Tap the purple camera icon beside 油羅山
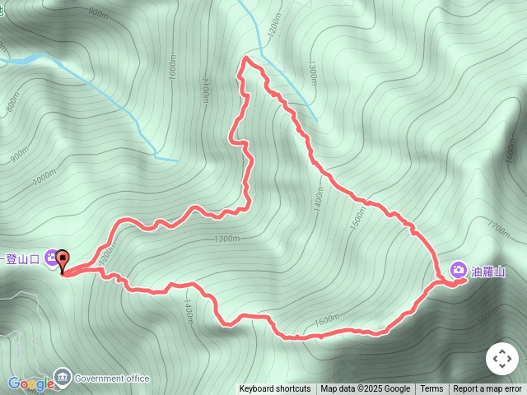click(458, 270)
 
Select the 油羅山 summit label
click(487, 271)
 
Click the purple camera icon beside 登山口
click(51, 258)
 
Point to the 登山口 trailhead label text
click(22, 259)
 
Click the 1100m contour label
click(204, 91)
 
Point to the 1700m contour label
click(498, 225)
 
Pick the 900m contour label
click(97, 14)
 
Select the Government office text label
click(112, 379)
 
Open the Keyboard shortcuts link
click(275, 389)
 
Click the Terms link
click(431, 389)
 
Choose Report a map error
click(487, 389)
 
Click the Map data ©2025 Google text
click(366, 389)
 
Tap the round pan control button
click(501, 359)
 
